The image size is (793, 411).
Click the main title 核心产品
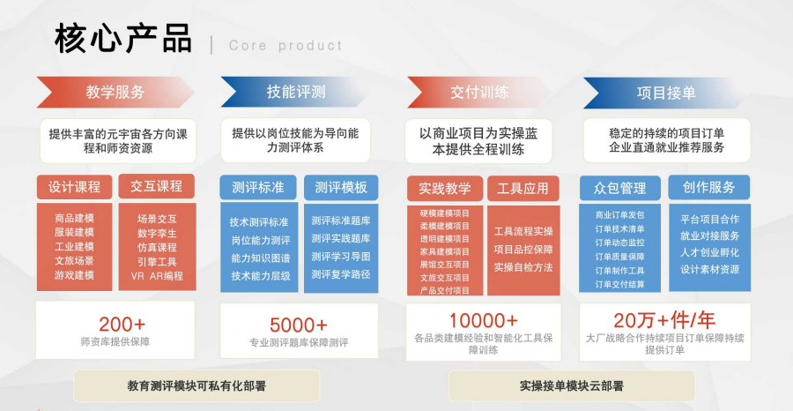[x=122, y=39]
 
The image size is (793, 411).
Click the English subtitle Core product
[x=285, y=46]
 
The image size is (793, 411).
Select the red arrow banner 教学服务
[x=115, y=92]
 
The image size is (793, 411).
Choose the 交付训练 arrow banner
[x=479, y=92]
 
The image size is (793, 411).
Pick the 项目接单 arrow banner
[x=665, y=93]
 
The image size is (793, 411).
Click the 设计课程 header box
[x=74, y=187]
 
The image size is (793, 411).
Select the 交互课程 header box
[x=157, y=186]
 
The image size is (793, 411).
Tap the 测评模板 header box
[x=341, y=188]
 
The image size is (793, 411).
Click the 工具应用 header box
[x=522, y=189]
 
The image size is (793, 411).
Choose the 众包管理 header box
[x=620, y=189]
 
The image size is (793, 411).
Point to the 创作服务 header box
[x=709, y=188]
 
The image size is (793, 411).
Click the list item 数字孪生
[x=157, y=234]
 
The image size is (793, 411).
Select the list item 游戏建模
[x=74, y=275]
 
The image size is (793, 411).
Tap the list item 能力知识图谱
[x=261, y=258]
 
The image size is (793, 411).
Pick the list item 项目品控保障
[x=523, y=250]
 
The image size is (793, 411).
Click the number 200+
[x=122, y=324]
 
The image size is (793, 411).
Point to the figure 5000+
[x=299, y=325]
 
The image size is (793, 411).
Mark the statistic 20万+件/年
[x=664, y=320]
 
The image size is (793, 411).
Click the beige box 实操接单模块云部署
[x=572, y=386]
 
